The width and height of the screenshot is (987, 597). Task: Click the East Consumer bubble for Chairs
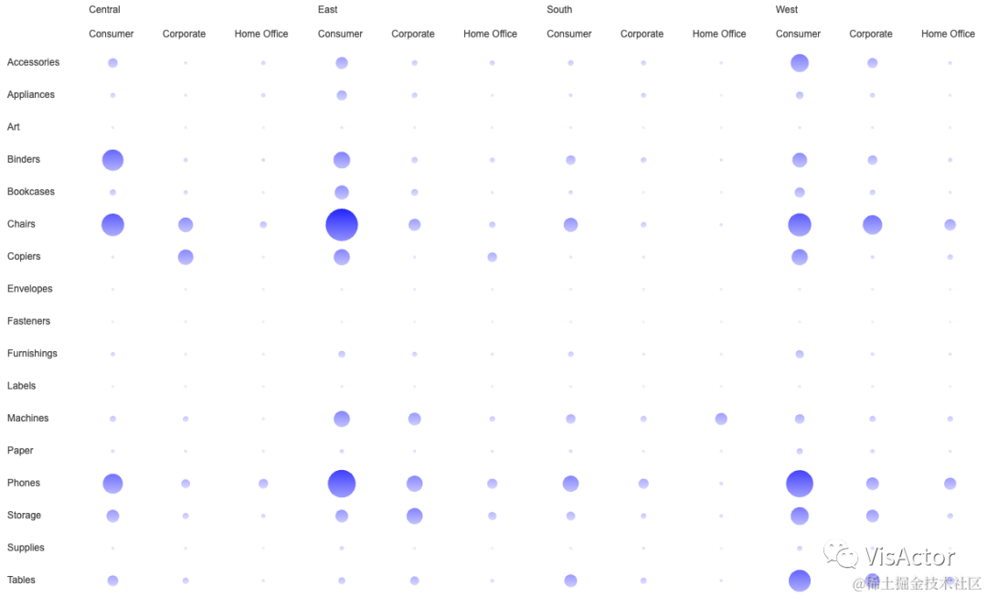point(342,224)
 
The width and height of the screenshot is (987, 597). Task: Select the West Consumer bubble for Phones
point(800,483)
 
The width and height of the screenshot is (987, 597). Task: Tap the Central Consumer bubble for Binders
point(112,160)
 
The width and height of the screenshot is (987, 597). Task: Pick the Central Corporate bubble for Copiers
point(186,257)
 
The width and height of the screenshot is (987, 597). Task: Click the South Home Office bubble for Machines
point(721,419)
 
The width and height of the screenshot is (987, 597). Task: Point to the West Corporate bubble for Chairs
point(872,224)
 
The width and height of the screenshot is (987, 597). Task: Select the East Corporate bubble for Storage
point(414,516)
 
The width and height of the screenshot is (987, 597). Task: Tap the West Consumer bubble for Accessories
point(800,63)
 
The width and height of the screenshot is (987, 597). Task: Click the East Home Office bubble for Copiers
point(493,257)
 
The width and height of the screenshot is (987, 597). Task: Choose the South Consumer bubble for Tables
point(570,581)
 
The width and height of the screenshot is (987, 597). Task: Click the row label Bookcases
point(31,192)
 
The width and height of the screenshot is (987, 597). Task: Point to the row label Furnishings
point(32,354)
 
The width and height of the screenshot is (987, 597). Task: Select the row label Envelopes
point(30,289)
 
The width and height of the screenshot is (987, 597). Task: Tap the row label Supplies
point(26,548)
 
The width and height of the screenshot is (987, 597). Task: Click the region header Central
point(104,10)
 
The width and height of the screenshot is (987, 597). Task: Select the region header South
point(559,10)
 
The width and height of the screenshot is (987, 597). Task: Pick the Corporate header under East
point(413,35)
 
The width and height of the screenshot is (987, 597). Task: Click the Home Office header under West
point(948,35)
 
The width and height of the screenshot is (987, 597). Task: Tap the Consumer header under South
point(569,35)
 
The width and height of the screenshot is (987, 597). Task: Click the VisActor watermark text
point(910,556)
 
